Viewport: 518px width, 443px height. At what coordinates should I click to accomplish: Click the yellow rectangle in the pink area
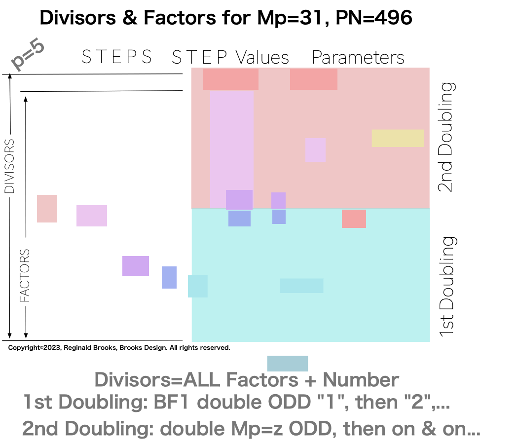(398, 138)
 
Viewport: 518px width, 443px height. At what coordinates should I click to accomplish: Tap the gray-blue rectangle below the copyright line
(287, 364)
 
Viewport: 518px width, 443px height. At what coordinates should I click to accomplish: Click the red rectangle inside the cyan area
(354, 219)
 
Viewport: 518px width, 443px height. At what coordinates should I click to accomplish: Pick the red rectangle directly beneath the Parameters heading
(313, 79)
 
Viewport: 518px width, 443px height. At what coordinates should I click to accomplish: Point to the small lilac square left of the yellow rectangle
(315, 149)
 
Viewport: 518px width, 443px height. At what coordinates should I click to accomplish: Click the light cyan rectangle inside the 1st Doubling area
(301, 286)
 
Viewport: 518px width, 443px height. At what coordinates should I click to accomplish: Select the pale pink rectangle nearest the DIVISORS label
(47, 209)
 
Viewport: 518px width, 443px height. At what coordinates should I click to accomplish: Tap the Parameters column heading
(358, 58)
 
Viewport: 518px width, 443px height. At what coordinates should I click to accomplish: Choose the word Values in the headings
(262, 58)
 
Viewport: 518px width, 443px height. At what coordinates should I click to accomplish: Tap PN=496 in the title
(375, 18)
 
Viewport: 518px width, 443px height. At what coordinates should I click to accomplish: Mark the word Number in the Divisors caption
(361, 380)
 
